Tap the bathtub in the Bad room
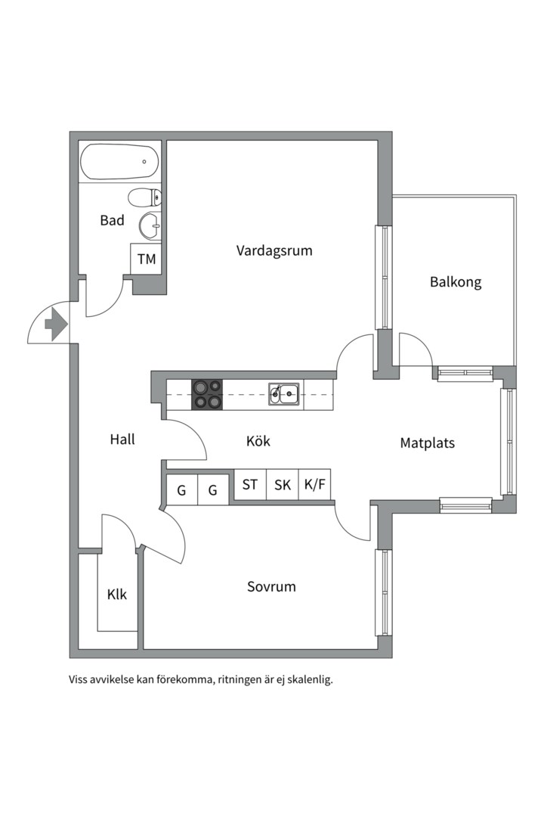(x=119, y=162)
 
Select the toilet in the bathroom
(x=144, y=198)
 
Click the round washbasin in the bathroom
(x=150, y=225)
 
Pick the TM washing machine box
(x=146, y=259)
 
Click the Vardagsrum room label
(x=274, y=250)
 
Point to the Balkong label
(x=456, y=282)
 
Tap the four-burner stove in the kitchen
(x=207, y=394)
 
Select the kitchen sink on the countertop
(x=284, y=393)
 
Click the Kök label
(x=258, y=441)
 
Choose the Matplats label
(x=427, y=443)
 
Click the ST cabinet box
(x=250, y=485)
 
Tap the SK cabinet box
(x=283, y=485)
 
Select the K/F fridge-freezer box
(x=315, y=485)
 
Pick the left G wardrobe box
(x=181, y=490)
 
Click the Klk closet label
(x=117, y=595)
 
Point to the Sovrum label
(x=271, y=587)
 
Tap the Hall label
(x=122, y=440)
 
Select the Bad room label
(x=112, y=221)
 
